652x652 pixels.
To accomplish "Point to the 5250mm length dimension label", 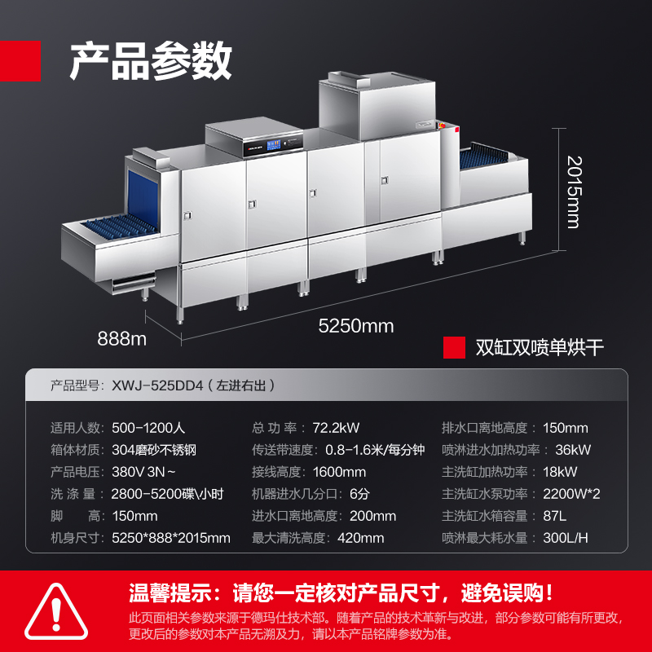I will coord(355,327).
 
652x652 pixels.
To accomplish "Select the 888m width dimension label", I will coord(121,337).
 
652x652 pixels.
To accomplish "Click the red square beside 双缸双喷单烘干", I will coord(454,348).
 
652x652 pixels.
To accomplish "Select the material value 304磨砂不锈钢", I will coord(156,450).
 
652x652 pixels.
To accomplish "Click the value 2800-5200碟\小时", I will coord(167,494).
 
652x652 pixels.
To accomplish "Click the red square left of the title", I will coord(20,60).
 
